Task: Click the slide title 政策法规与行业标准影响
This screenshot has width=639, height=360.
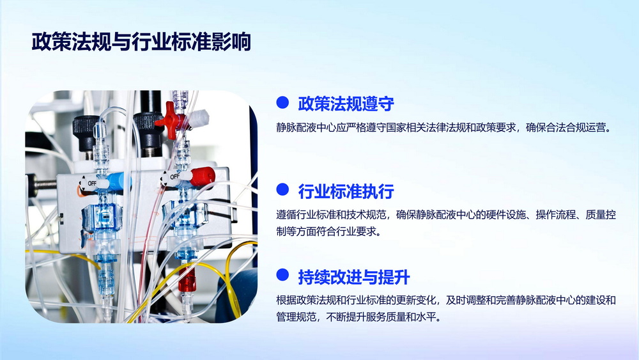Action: coord(141,42)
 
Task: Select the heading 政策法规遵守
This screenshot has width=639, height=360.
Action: coord(346,104)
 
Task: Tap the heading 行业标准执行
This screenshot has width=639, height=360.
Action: coord(346,191)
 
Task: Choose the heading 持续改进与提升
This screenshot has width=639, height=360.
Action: coord(354,277)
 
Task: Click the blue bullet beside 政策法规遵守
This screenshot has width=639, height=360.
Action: coord(282,102)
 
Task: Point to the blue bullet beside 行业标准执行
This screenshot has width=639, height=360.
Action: coord(282,189)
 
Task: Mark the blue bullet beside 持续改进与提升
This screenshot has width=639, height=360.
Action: coord(282,275)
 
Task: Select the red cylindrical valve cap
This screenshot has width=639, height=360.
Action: coord(203,176)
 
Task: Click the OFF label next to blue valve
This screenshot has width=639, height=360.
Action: coord(92,183)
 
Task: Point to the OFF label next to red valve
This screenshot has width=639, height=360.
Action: coord(174,176)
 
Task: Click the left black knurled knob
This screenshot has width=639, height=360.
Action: coord(86,131)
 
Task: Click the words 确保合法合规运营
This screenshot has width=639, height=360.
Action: coord(569,128)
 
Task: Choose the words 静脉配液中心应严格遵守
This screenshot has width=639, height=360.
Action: coord(331,128)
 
